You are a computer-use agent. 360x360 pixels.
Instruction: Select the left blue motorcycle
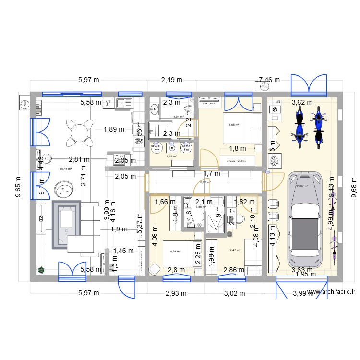click(x=299, y=127)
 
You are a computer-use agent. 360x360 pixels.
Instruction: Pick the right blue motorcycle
click(x=317, y=127)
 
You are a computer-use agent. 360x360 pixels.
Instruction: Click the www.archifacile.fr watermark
click(x=333, y=291)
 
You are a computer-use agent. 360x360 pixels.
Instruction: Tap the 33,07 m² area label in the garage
click(x=302, y=186)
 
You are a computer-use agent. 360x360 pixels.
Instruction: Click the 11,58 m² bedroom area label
click(x=233, y=126)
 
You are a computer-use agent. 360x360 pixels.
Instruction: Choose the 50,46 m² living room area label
click(x=65, y=169)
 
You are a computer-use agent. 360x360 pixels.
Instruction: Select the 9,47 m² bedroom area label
click(x=235, y=250)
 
